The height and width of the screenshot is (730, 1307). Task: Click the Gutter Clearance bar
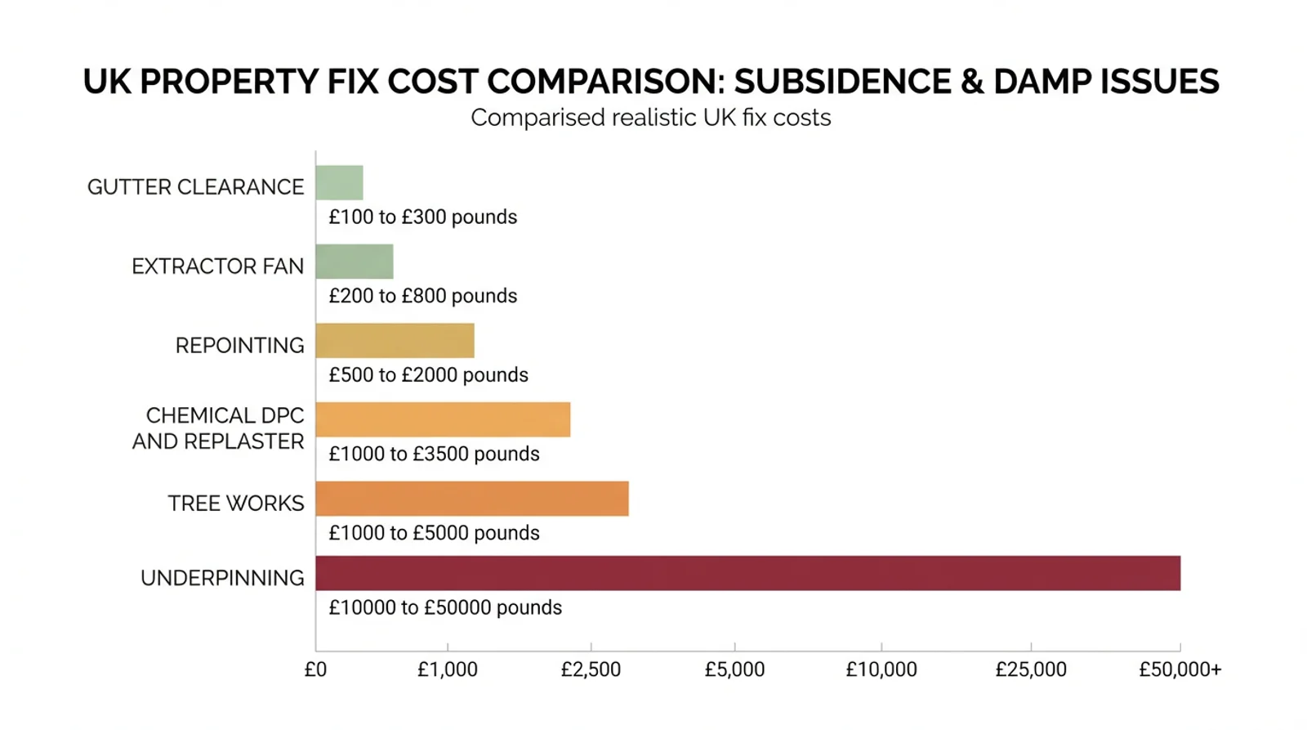(340, 183)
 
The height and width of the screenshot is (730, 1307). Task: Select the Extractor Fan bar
(355, 262)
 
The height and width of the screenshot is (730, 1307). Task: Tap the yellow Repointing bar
(395, 340)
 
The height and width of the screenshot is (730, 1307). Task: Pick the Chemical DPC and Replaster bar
(444, 419)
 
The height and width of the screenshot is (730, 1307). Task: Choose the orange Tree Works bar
(473, 499)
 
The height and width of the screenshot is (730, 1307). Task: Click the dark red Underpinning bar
(748, 573)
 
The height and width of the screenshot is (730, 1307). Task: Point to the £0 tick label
(315, 670)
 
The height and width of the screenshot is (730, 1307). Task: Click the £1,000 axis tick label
(448, 670)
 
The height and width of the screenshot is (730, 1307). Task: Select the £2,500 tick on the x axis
(591, 670)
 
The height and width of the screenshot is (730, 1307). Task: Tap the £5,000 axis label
(734, 670)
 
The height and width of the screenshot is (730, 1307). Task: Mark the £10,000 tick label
(881, 670)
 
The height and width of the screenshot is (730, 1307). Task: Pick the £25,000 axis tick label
(1031, 670)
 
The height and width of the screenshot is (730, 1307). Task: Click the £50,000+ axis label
(1180, 670)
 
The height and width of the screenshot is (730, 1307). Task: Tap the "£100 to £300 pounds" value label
(423, 217)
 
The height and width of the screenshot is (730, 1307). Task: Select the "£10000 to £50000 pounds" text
(445, 608)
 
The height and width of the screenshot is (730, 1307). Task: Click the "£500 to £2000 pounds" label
(428, 375)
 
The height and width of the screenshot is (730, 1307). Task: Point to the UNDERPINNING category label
(222, 578)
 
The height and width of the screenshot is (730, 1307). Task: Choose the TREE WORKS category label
(236, 504)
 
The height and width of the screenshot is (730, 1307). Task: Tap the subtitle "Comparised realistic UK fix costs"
(651, 118)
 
